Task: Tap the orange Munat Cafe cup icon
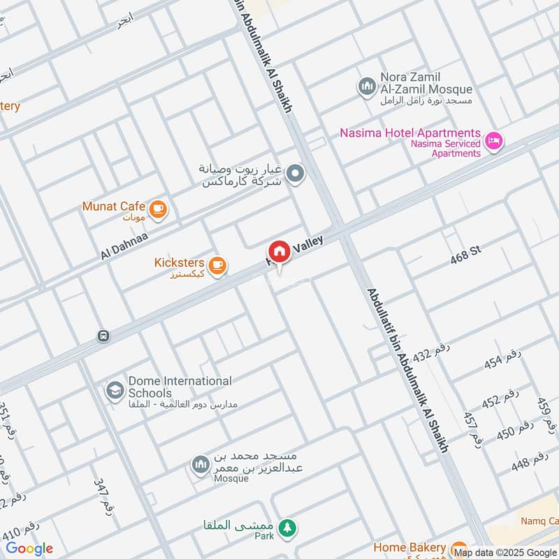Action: coord(159,208)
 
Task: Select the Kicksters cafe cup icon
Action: coord(218,265)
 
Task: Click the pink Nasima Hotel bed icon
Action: coord(494,141)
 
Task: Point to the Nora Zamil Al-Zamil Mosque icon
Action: coord(366,87)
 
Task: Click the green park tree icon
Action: coord(286,528)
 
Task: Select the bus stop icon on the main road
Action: coord(103,336)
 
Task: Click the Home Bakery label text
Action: coord(409,548)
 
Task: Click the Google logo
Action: coord(29,549)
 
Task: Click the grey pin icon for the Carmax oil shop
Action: coord(296,173)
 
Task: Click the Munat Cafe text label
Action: coord(113,206)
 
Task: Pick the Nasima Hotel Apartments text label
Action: coord(411,133)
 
